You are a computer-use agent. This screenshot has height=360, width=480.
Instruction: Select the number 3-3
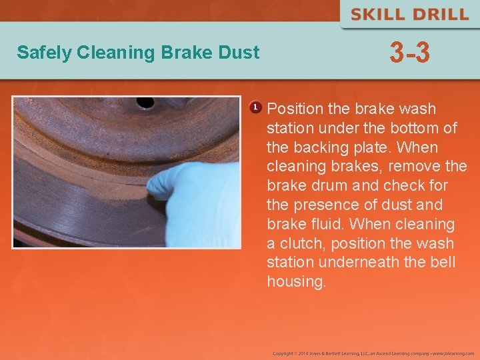point(409,53)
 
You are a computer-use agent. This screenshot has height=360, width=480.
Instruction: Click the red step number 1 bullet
point(255,107)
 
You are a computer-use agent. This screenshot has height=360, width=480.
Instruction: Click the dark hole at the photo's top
point(145,103)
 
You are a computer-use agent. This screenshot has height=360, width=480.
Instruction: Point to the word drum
point(326,185)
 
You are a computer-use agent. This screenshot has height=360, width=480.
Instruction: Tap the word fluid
point(328,224)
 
